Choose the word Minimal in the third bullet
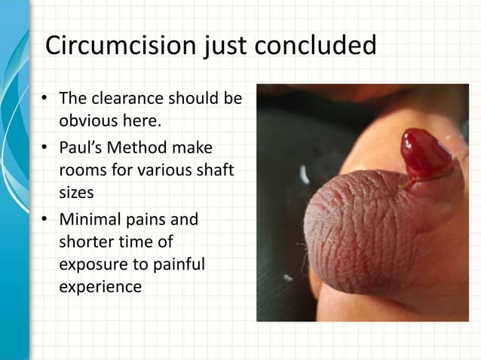[91, 220]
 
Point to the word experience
[99, 287]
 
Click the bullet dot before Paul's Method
[45, 148]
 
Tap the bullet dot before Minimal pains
[45, 220]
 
